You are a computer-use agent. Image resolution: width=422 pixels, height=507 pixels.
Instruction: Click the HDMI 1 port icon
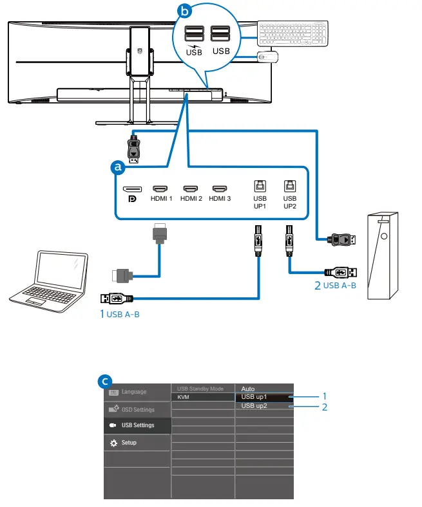(x=160, y=189)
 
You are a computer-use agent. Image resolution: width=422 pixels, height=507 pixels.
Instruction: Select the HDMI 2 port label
(x=191, y=199)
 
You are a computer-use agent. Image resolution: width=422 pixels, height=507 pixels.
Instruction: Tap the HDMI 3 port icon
(x=220, y=189)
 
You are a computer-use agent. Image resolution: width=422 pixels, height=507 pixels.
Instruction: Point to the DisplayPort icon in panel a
(x=132, y=189)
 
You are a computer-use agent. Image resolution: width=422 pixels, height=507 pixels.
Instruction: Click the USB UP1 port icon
(x=260, y=186)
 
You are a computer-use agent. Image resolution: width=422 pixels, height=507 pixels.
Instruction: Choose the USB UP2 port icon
(x=289, y=186)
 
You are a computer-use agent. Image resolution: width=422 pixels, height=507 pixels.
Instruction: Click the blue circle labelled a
(x=117, y=167)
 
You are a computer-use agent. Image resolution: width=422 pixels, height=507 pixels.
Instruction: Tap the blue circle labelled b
(x=185, y=11)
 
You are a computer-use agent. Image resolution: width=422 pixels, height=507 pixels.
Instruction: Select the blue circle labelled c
(x=105, y=382)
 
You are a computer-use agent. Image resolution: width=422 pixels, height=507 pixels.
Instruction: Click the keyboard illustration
(x=293, y=33)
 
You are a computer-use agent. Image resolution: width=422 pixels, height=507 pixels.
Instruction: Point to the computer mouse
(x=267, y=57)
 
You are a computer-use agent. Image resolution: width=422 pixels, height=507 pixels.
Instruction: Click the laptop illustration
(x=49, y=281)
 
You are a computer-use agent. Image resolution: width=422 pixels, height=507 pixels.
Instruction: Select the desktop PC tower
(x=383, y=256)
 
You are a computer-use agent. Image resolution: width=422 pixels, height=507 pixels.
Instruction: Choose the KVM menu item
(x=184, y=397)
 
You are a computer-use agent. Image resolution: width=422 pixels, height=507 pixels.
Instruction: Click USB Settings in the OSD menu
(x=138, y=425)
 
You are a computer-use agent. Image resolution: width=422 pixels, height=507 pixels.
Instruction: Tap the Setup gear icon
(x=113, y=443)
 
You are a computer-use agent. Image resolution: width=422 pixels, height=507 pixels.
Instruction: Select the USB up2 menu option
(x=254, y=406)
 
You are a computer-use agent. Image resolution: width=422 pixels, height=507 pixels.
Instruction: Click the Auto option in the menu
(x=248, y=389)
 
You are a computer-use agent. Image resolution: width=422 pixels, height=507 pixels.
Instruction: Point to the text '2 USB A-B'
(x=335, y=286)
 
